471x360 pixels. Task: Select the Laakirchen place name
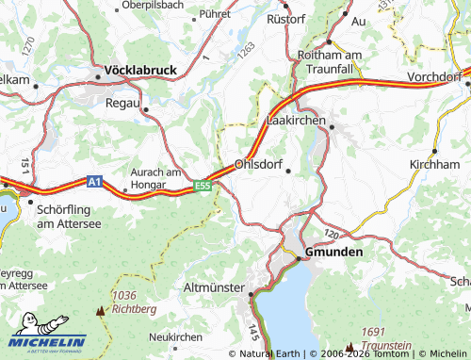tap(296, 121)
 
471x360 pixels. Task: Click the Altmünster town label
tap(215, 286)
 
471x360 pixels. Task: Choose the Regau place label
tap(123, 102)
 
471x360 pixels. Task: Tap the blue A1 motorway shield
tap(94, 180)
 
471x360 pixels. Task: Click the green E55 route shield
tap(203, 187)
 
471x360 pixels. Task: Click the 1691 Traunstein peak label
tap(387, 338)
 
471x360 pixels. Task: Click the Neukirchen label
tap(176, 336)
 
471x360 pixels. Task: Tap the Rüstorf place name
tap(287, 18)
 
